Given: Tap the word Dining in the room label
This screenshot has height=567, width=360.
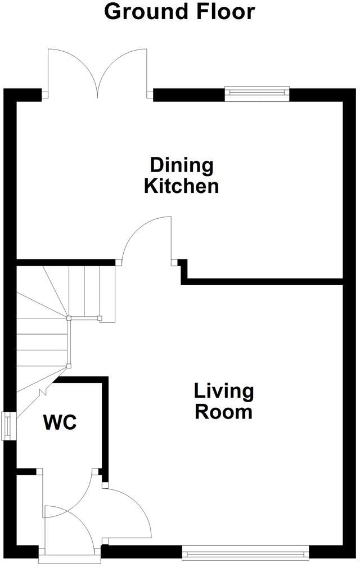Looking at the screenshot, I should pyautogui.click(x=181, y=166).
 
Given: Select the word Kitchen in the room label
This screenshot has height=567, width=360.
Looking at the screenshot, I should pyautogui.click(x=181, y=186).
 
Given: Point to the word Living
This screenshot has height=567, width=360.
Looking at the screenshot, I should pyautogui.click(x=223, y=390).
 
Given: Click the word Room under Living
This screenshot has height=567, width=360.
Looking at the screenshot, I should pyautogui.click(x=223, y=412).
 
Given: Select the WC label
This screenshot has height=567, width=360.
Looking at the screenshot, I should pyautogui.click(x=60, y=422).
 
